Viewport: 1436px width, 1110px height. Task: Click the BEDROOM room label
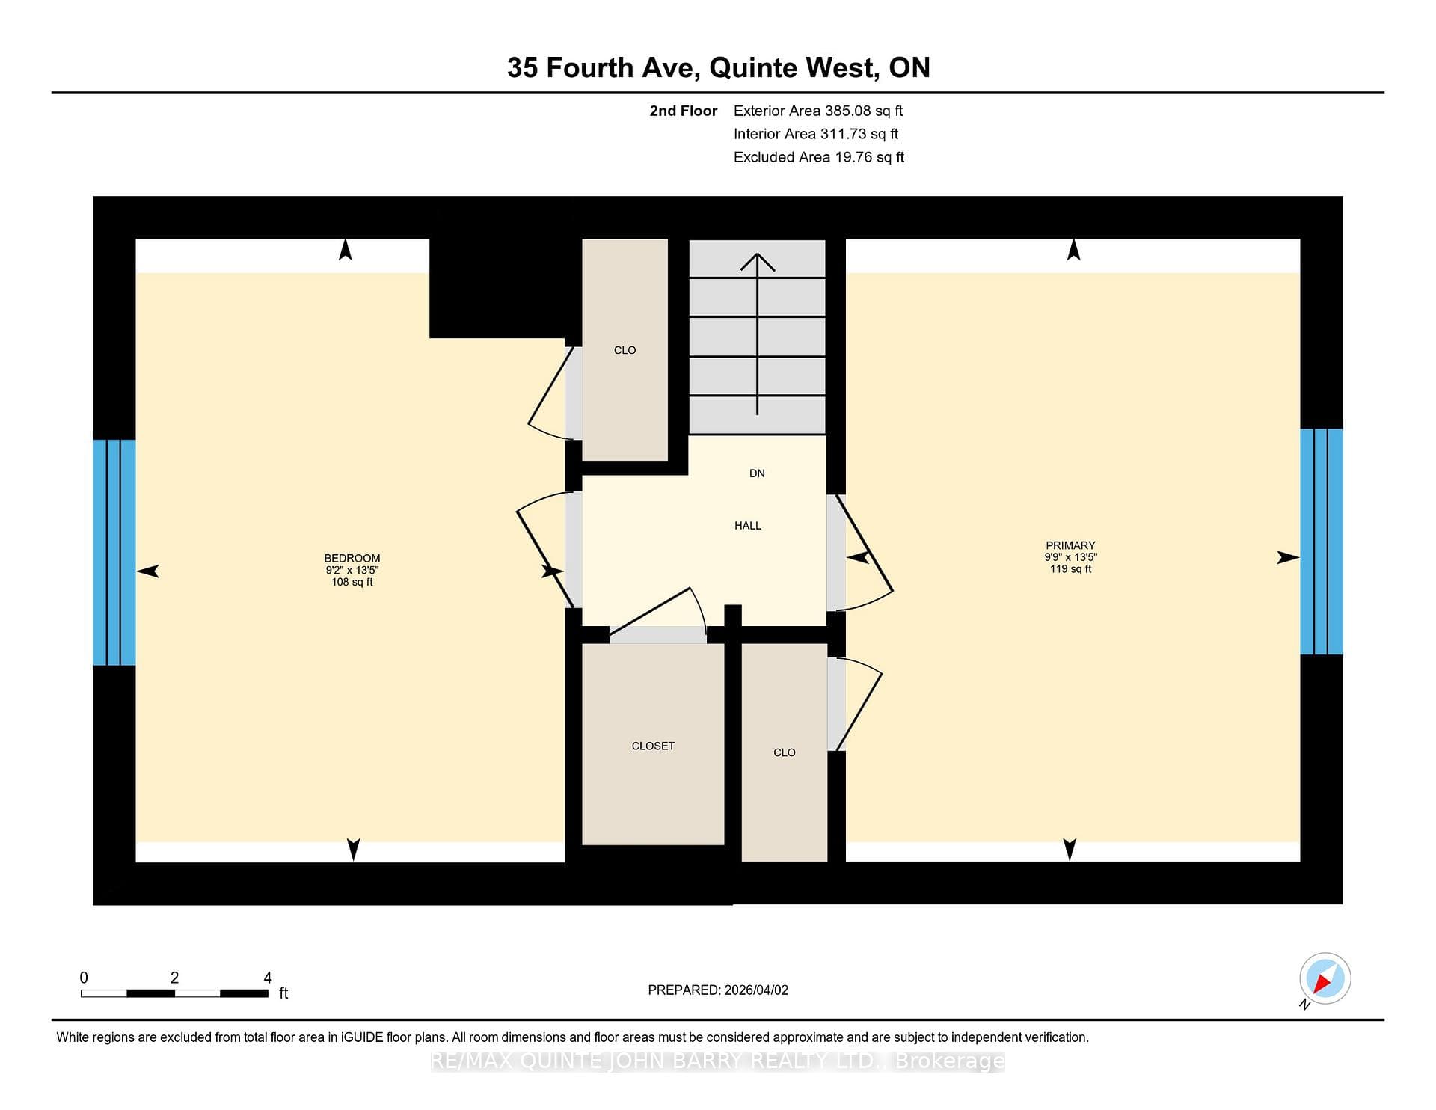tap(352, 558)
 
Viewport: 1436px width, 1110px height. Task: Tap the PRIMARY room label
tap(1070, 545)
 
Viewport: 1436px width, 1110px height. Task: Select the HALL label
tap(747, 526)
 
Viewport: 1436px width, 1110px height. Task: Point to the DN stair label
tap(757, 473)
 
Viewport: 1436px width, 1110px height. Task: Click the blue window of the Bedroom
tap(114, 552)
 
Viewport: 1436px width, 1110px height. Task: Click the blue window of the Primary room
tap(1322, 542)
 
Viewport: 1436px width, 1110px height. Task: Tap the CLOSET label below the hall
tap(653, 746)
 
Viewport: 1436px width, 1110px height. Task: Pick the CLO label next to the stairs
tap(625, 350)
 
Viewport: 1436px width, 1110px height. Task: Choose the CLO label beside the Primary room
tap(784, 752)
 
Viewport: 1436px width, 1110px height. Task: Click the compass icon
tap(1325, 978)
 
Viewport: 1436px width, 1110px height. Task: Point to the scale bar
tap(174, 993)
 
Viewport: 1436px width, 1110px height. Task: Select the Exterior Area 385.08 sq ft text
tap(818, 111)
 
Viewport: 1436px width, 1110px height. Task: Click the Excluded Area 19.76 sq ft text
tap(819, 157)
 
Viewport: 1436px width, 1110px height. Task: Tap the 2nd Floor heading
tap(683, 111)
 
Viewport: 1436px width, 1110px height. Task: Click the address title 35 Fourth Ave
tap(603, 67)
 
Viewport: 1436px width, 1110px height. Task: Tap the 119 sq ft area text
tap(1070, 569)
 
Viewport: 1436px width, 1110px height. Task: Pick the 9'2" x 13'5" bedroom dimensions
tap(352, 570)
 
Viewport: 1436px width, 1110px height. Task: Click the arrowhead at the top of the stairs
tap(758, 261)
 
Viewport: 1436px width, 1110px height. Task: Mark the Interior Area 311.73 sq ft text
tap(816, 134)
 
